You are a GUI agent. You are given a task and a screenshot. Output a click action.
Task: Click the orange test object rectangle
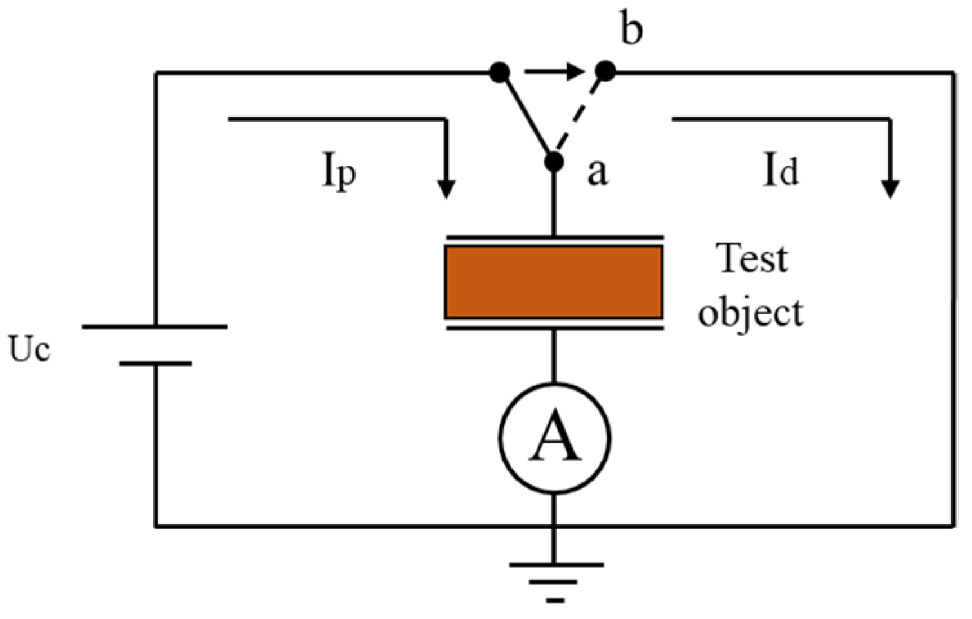pos(554,282)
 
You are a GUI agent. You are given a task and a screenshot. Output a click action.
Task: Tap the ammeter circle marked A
pos(554,439)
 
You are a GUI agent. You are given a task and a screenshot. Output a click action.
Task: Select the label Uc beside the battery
pos(29,349)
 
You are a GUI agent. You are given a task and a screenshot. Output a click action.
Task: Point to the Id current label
pos(781,171)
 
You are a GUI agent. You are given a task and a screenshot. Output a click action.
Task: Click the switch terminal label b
pos(631,30)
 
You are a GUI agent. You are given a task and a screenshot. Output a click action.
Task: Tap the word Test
pos(752,258)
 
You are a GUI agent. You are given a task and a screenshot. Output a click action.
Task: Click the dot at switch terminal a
pos(554,162)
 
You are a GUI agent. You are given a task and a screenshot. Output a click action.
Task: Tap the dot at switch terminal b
pos(605,70)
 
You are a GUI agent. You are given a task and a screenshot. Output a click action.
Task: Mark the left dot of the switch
pos(500,72)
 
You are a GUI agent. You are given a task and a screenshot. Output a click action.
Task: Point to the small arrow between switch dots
pos(554,71)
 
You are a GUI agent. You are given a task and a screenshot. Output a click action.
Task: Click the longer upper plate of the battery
pos(155,327)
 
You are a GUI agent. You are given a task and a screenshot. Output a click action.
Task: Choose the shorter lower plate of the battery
pos(155,364)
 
